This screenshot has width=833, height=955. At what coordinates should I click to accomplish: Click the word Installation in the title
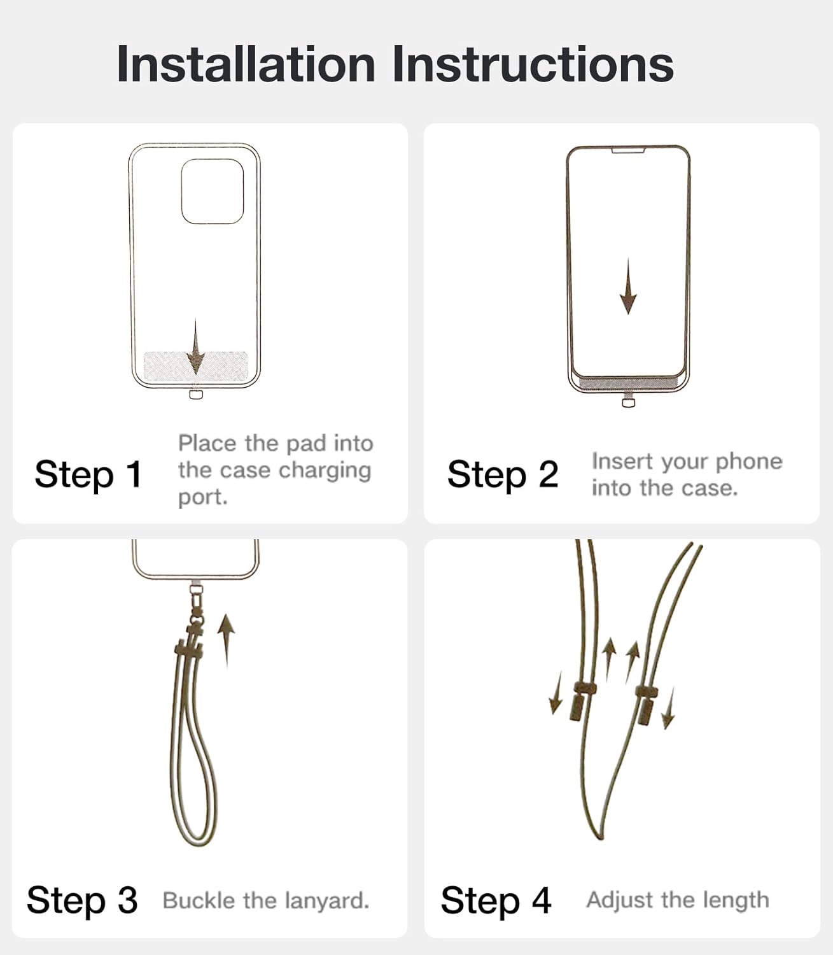pos(246,64)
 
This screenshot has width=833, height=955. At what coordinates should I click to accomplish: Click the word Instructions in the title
pos(533,64)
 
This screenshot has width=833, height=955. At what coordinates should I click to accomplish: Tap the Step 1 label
pos(88,475)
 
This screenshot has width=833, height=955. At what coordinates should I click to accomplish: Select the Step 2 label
pos(503,475)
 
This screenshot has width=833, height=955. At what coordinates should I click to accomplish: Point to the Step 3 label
pos(82,900)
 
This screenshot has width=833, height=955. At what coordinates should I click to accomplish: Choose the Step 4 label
pos(496,900)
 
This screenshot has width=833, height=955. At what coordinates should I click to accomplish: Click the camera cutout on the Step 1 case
pos(212,192)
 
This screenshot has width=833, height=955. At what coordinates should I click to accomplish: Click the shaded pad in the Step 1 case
pos(196,367)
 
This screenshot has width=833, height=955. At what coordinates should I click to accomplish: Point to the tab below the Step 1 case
pos(196,394)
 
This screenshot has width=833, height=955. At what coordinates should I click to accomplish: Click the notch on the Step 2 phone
pos(628,150)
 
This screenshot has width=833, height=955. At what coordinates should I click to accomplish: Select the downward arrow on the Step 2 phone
pos(628,286)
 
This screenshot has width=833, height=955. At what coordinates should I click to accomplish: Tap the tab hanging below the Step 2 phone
pos(629,401)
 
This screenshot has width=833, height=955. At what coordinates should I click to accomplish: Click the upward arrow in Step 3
pos(226,641)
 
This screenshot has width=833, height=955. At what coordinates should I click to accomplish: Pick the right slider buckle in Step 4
pos(646,705)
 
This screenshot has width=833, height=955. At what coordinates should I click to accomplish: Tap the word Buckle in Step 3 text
pos(198,901)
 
